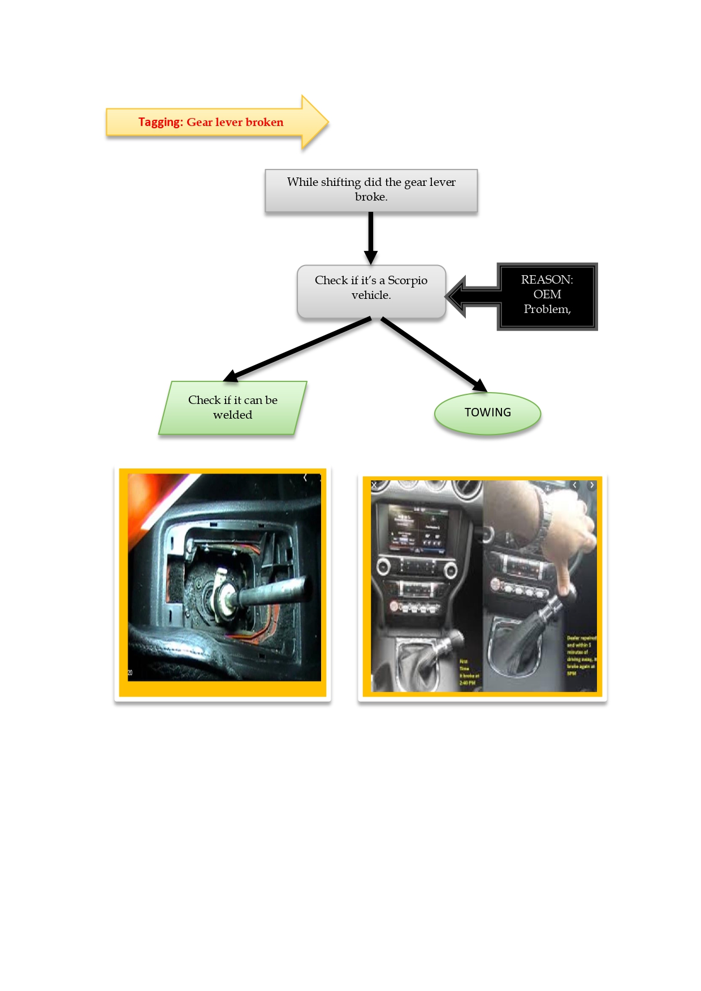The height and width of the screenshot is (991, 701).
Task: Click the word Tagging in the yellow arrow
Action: tap(161, 122)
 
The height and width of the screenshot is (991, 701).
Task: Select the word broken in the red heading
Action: tap(265, 122)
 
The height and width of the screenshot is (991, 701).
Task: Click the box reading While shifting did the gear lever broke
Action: tap(371, 190)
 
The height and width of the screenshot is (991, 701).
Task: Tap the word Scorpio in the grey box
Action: tap(407, 280)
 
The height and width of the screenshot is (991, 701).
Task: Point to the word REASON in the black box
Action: tap(546, 280)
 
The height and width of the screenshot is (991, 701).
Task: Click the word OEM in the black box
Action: tap(547, 294)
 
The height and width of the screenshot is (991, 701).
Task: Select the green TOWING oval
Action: tap(487, 413)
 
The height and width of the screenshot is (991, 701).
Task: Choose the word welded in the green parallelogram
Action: tap(232, 415)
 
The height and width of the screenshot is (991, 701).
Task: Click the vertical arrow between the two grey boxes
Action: tap(371, 237)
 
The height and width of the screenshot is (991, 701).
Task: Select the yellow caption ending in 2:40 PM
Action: tap(469, 672)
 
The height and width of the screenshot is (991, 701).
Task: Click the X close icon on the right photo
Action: tap(374, 485)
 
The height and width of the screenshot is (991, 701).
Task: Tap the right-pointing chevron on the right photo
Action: tap(592, 485)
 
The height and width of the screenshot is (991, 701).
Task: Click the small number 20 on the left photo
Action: tap(130, 672)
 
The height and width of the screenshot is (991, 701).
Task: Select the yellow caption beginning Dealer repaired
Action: tap(581, 655)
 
